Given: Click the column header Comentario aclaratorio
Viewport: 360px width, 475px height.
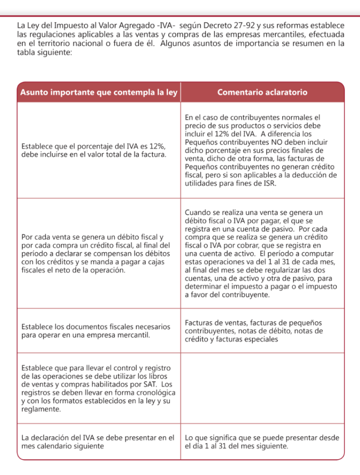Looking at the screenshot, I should click(x=262, y=92).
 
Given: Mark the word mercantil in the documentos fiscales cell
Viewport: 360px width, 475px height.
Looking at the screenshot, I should click(x=130, y=335).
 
